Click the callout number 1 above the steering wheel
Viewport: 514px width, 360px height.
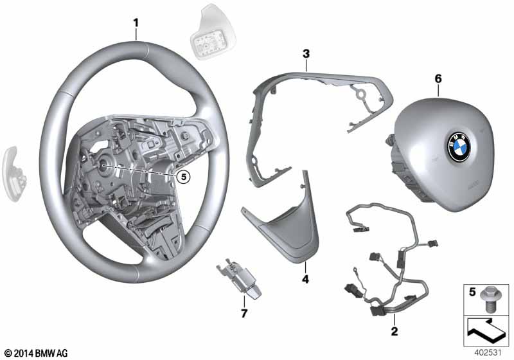coord(136,23)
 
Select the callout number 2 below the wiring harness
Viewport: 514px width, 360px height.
coord(394,331)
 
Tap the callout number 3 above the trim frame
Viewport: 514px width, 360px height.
coord(306,53)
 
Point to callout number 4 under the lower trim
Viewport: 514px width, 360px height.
coord(305,280)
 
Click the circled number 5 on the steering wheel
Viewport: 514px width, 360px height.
coord(183,177)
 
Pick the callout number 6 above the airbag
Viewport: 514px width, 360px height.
coord(438,78)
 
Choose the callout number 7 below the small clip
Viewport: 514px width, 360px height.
coord(244,314)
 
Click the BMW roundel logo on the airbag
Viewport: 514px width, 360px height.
coord(459,147)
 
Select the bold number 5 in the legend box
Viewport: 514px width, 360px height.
coord(472,292)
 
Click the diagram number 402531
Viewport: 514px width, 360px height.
coord(488,353)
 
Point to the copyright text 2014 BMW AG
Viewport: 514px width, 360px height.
coord(37,354)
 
